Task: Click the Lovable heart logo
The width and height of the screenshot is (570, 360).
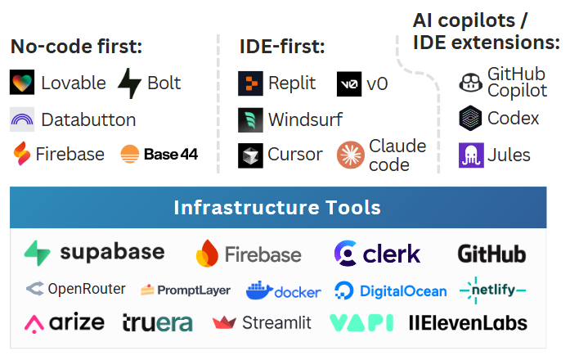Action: pyautogui.click(x=22, y=83)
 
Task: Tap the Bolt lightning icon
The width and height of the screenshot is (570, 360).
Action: pyautogui.click(x=129, y=83)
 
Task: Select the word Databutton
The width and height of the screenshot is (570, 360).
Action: pyautogui.click(x=88, y=119)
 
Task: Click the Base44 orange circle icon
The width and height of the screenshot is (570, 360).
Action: pyautogui.click(x=129, y=154)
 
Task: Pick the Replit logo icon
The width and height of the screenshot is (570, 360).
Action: pyautogui.click(x=250, y=83)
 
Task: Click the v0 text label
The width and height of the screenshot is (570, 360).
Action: pyautogui.click(x=377, y=83)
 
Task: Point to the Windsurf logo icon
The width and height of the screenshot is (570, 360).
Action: pyautogui.click(x=250, y=119)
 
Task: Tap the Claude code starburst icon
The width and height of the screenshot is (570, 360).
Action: pyautogui.click(x=350, y=155)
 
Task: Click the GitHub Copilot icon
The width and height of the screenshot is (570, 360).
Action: pyautogui.click(x=470, y=82)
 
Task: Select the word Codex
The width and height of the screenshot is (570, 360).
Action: pyautogui.click(x=513, y=118)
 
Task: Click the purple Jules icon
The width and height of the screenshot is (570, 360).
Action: pyautogui.click(x=471, y=155)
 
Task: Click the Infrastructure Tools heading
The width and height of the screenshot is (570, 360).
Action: pyautogui.click(x=277, y=207)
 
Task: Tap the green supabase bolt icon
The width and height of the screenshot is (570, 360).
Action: pyautogui.click(x=38, y=253)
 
